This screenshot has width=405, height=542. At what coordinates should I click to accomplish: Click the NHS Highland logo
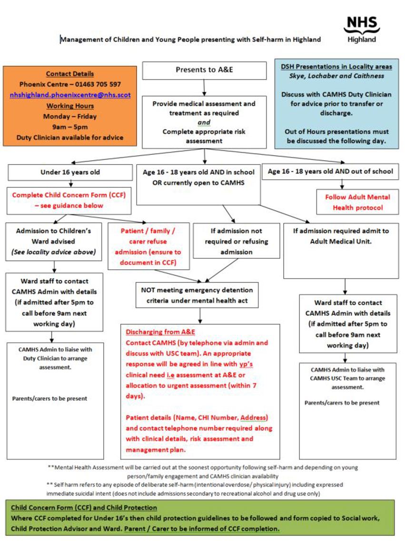point(361,30)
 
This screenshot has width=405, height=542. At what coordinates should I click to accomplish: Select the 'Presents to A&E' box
point(204,70)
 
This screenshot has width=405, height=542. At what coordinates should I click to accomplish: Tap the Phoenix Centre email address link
point(70,95)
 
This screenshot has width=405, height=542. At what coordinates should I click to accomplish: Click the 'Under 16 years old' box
point(70,172)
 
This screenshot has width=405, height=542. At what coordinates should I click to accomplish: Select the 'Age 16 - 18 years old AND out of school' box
point(330,171)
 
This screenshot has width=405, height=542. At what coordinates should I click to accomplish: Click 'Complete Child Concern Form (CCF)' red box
point(70,200)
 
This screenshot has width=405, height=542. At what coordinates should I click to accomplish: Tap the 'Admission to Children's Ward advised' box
point(54,241)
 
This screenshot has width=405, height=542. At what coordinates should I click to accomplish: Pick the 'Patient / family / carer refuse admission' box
point(147,246)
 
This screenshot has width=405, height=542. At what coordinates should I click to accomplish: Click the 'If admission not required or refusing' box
point(236,241)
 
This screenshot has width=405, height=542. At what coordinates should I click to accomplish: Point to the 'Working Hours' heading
point(70,106)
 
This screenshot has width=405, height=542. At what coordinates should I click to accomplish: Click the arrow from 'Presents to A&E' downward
point(204,88)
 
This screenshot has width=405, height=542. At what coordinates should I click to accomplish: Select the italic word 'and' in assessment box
point(204,122)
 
